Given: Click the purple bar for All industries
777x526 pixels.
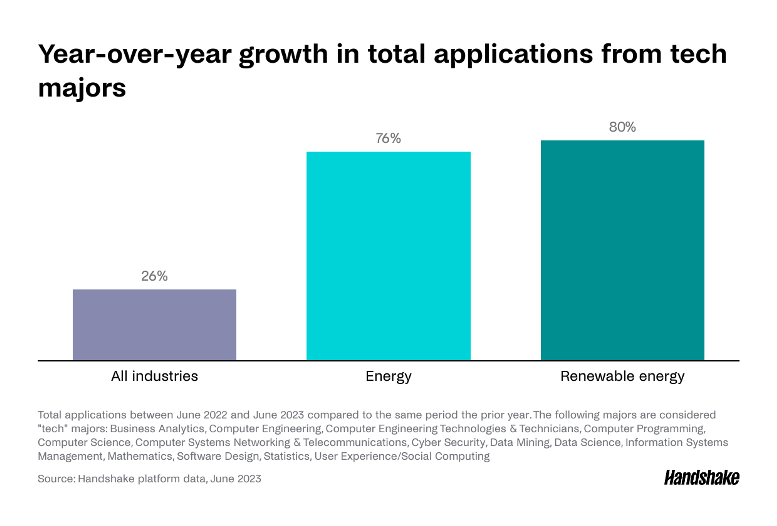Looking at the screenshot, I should point(154,325).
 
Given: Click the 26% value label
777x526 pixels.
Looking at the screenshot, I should point(154,276).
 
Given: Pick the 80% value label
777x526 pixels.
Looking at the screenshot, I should point(622,127).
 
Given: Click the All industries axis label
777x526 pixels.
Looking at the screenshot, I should point(154,376).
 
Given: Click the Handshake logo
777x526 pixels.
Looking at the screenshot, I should point(702,478).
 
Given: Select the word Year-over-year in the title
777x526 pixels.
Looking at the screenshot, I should point(135,54).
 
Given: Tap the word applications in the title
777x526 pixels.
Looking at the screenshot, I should point(513,54).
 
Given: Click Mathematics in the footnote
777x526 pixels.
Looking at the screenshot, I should point(140,456).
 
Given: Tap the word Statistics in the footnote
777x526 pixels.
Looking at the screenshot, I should point(287,456).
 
